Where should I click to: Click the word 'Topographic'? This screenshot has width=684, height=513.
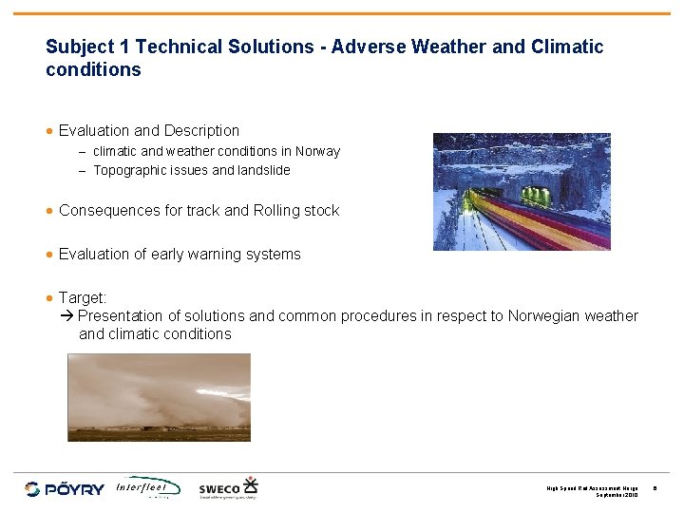pos(126,171)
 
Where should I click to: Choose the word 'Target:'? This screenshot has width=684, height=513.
pos(83,297)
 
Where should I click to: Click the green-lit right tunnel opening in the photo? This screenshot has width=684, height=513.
pos(538,196)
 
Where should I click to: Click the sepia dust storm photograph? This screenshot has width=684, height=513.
pos(159,397)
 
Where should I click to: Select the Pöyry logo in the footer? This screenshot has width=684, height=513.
pos(65,488)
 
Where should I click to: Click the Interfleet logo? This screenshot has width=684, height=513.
pos(147,487)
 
